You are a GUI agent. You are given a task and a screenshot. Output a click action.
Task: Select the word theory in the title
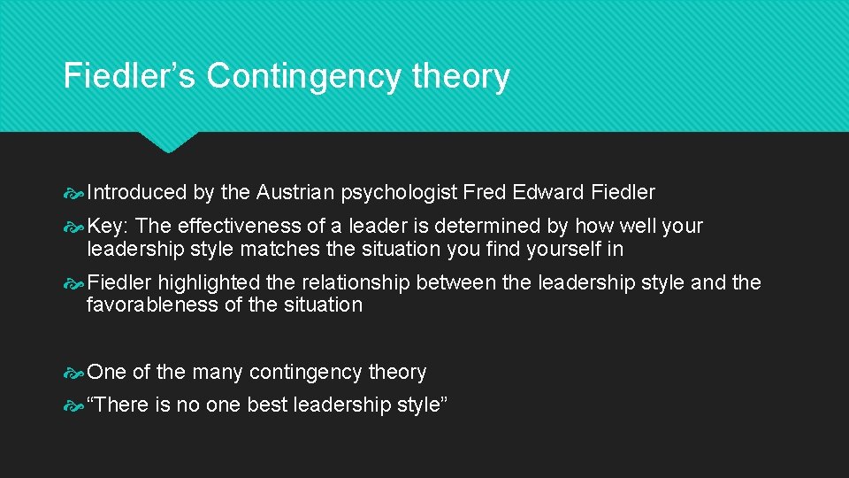[462, 77]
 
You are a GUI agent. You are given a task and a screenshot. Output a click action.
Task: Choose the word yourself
[557, 249]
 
